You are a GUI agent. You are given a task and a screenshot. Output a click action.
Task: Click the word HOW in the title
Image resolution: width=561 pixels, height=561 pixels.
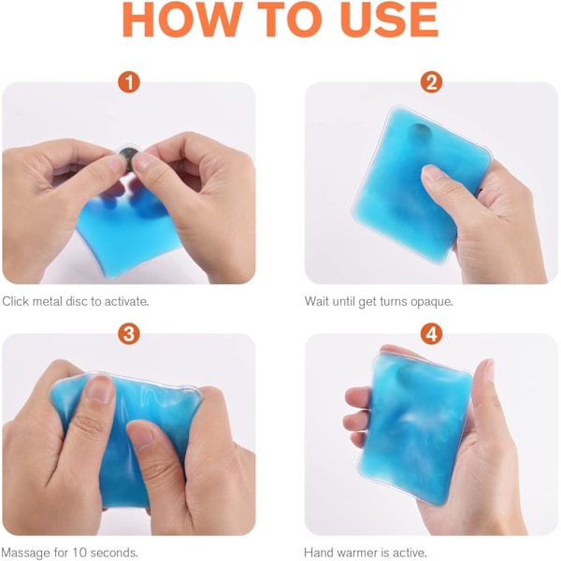(182, 20)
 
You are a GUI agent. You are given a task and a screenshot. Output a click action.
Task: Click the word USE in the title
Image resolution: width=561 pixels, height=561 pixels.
(389, 20)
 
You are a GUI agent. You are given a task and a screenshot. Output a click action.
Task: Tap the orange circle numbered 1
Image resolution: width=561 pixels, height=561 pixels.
(129, 82)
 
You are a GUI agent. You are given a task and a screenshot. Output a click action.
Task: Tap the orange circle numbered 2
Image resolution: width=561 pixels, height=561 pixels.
(431, 82)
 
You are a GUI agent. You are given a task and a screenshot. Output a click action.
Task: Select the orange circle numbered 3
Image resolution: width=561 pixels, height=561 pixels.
(129, 334)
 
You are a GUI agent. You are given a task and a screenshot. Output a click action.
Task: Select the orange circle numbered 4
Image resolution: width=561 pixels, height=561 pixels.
(431, 334)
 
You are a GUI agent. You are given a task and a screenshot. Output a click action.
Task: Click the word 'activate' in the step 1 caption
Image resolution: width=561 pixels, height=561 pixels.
(125, 302)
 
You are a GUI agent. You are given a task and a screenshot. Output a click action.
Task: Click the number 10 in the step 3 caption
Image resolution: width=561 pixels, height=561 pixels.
(79, 553)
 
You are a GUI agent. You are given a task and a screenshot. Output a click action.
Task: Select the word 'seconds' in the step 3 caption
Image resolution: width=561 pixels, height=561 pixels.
(113, 553)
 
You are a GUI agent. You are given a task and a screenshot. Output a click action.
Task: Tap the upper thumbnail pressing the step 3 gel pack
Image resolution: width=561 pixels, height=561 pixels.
(99, 389)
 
